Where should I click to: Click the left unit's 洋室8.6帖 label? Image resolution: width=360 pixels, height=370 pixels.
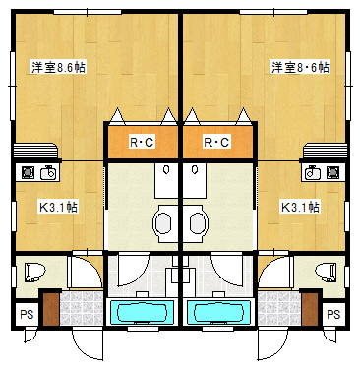(x=58, y=67)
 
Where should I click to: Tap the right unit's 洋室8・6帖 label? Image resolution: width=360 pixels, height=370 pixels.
(x=300, y=67)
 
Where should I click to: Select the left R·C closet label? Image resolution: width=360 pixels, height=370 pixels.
(x=142, y=142)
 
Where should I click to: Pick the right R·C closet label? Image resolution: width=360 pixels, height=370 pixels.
(x=216, y=142)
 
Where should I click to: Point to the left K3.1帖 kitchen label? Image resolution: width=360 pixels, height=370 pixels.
(x=58, y=207)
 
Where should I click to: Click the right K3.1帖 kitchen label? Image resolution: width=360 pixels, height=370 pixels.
(x=300, y=207)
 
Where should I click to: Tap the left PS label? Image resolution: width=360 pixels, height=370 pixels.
(x=27, y=314)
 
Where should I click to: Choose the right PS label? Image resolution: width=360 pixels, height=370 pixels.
(x=333, y=314)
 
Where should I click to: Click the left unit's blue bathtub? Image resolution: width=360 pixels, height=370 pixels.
(x=142, y=312)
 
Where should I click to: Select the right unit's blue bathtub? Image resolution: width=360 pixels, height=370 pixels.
(x=219, y=312)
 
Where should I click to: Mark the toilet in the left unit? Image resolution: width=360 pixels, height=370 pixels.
(x=34, y=272)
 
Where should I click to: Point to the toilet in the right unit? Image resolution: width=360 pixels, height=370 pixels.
(x=326, y=272)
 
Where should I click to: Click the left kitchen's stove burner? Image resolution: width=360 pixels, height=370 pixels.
(x=28, y=172)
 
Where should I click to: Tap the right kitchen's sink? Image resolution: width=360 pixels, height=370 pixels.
(x=313, y=172)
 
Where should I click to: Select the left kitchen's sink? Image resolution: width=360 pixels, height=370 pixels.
(x=48, y=172)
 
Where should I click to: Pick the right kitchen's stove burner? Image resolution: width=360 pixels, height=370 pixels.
(x=332, y=172)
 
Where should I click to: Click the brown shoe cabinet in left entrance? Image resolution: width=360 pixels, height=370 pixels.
(x=51, y=309)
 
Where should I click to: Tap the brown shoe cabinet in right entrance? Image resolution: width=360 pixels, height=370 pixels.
(x=310, y=309)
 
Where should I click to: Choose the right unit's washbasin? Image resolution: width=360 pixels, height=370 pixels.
(x=199, y=224)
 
